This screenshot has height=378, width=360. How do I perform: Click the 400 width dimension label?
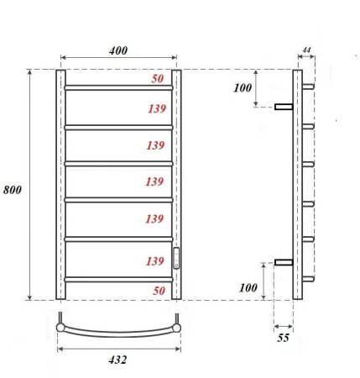118,50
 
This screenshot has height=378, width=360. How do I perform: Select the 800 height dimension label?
13,190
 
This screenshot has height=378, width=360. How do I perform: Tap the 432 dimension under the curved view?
117,360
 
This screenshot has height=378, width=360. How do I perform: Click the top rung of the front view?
118,87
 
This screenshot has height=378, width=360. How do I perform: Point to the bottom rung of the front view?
118,278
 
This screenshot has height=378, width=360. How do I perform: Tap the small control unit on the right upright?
176,259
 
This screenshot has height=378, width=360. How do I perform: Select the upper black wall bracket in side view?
283,106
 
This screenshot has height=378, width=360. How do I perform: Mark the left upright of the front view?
60,185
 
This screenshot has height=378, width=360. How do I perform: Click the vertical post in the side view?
297,185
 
